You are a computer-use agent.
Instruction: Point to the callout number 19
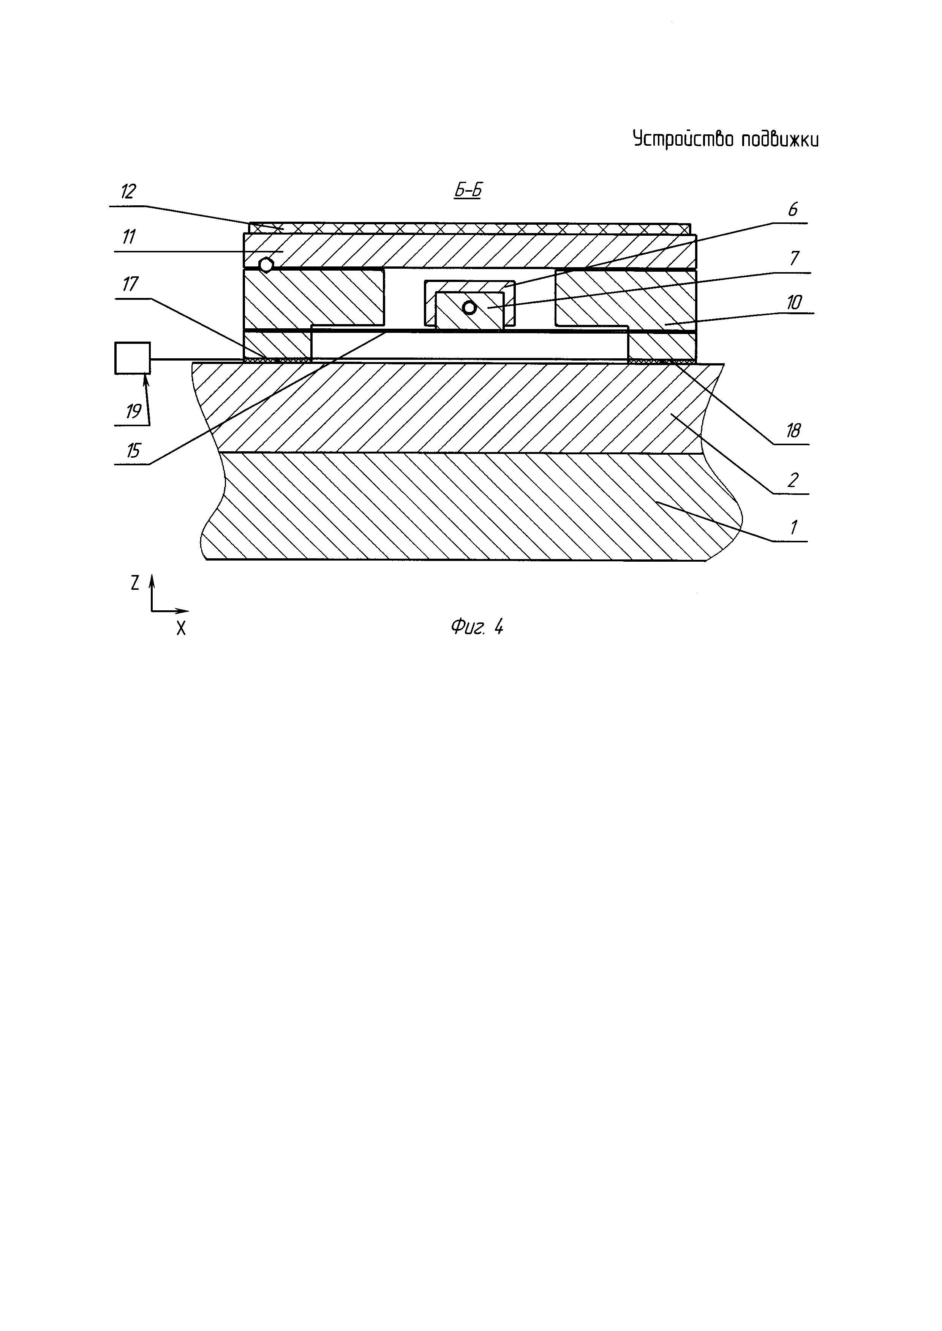(133, 411)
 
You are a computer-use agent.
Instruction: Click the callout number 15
(133, 450)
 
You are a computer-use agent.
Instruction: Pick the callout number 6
(793, 209)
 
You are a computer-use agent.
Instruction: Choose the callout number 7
(795, 258)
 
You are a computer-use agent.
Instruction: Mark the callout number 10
(794, 302)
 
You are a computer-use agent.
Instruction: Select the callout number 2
(793, 479)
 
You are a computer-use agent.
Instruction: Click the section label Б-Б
(468, 191)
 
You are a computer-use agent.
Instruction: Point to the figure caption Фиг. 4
(477, 627)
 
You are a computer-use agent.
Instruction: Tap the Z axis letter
(135, 583)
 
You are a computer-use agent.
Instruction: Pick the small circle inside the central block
(469, 308)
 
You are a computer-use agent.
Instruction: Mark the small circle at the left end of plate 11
(266, 265)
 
